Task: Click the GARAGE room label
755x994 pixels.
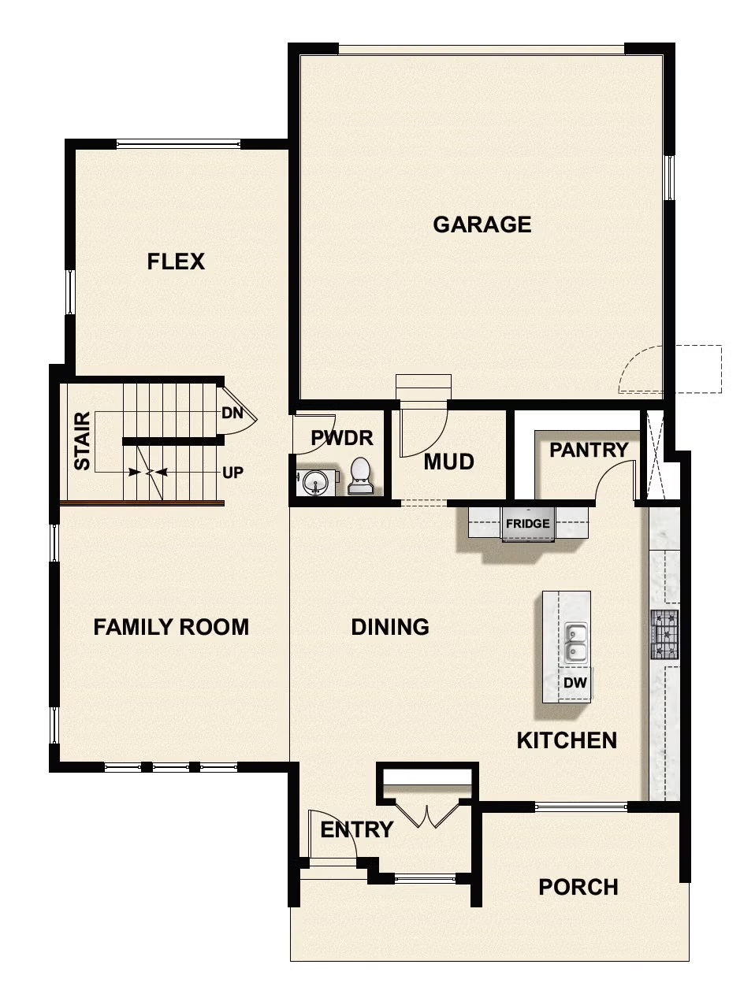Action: [x=482, y=224]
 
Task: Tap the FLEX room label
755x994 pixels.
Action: [x=176, y=261]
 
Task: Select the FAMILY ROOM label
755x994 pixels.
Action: [x=171, y=627]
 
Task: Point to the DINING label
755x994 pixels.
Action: [x=390, y=627]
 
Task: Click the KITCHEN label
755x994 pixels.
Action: [x=567, y=740]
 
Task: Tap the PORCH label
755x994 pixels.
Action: [x=578, y=888]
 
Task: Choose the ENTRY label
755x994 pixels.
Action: [x=356, y=830]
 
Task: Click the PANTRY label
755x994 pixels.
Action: [x=589, y=451]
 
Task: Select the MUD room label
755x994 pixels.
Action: [x=448, y=462]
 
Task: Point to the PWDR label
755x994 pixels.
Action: [x=341, y=438]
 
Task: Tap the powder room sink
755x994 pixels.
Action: [x=316, y=482]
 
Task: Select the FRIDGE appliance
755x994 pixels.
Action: [x=528, y=525]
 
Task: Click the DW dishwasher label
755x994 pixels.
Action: [x=575, y=684]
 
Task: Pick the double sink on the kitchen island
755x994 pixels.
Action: [x=576, y=641]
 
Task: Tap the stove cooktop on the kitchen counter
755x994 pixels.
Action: [x=664, y=634]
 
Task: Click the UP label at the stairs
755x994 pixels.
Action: [x=232, y=473]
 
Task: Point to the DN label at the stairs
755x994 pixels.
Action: [x=232, y=413]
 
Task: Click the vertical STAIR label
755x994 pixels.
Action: [x=82, y=441]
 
